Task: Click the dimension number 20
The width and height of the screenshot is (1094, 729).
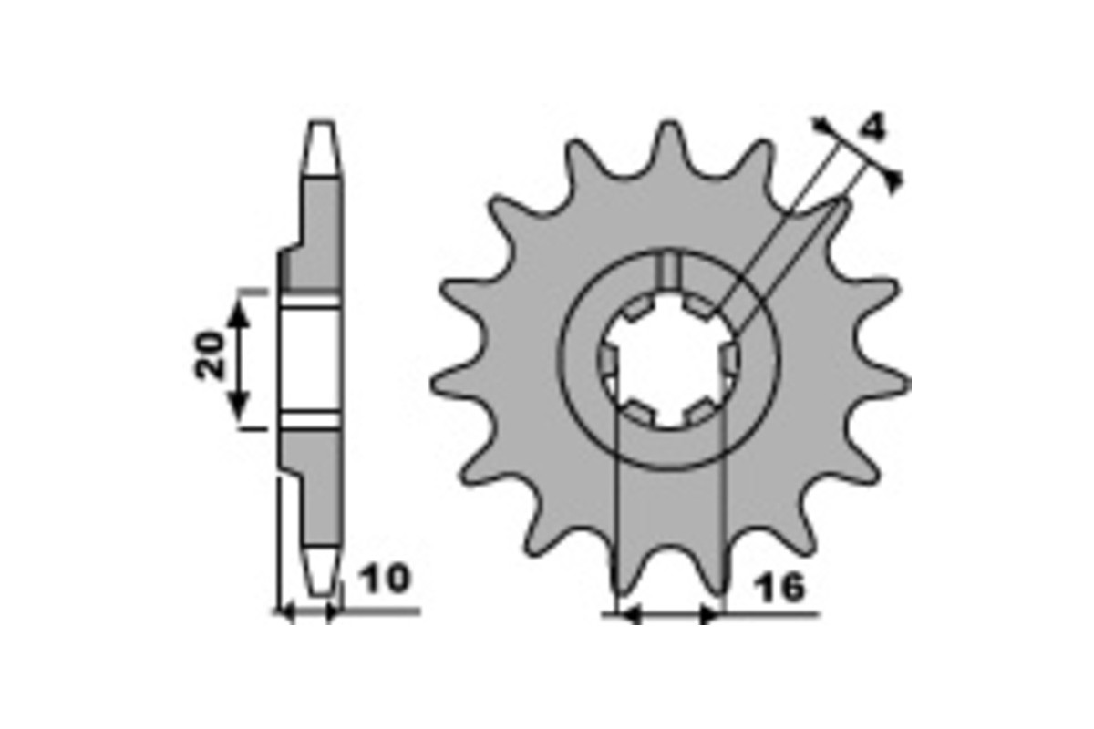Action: click(x=210, y=355)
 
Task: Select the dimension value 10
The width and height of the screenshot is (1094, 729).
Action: click(x=386, y=579)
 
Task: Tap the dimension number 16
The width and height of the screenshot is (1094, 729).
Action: click(x=779, y=588)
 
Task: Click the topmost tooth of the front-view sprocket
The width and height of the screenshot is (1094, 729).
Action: click(x=668, y=147)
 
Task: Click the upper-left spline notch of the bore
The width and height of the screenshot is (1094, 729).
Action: click(x=635, y=311)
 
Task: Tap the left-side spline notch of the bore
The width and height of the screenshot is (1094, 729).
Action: click(x=607, y=361)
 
